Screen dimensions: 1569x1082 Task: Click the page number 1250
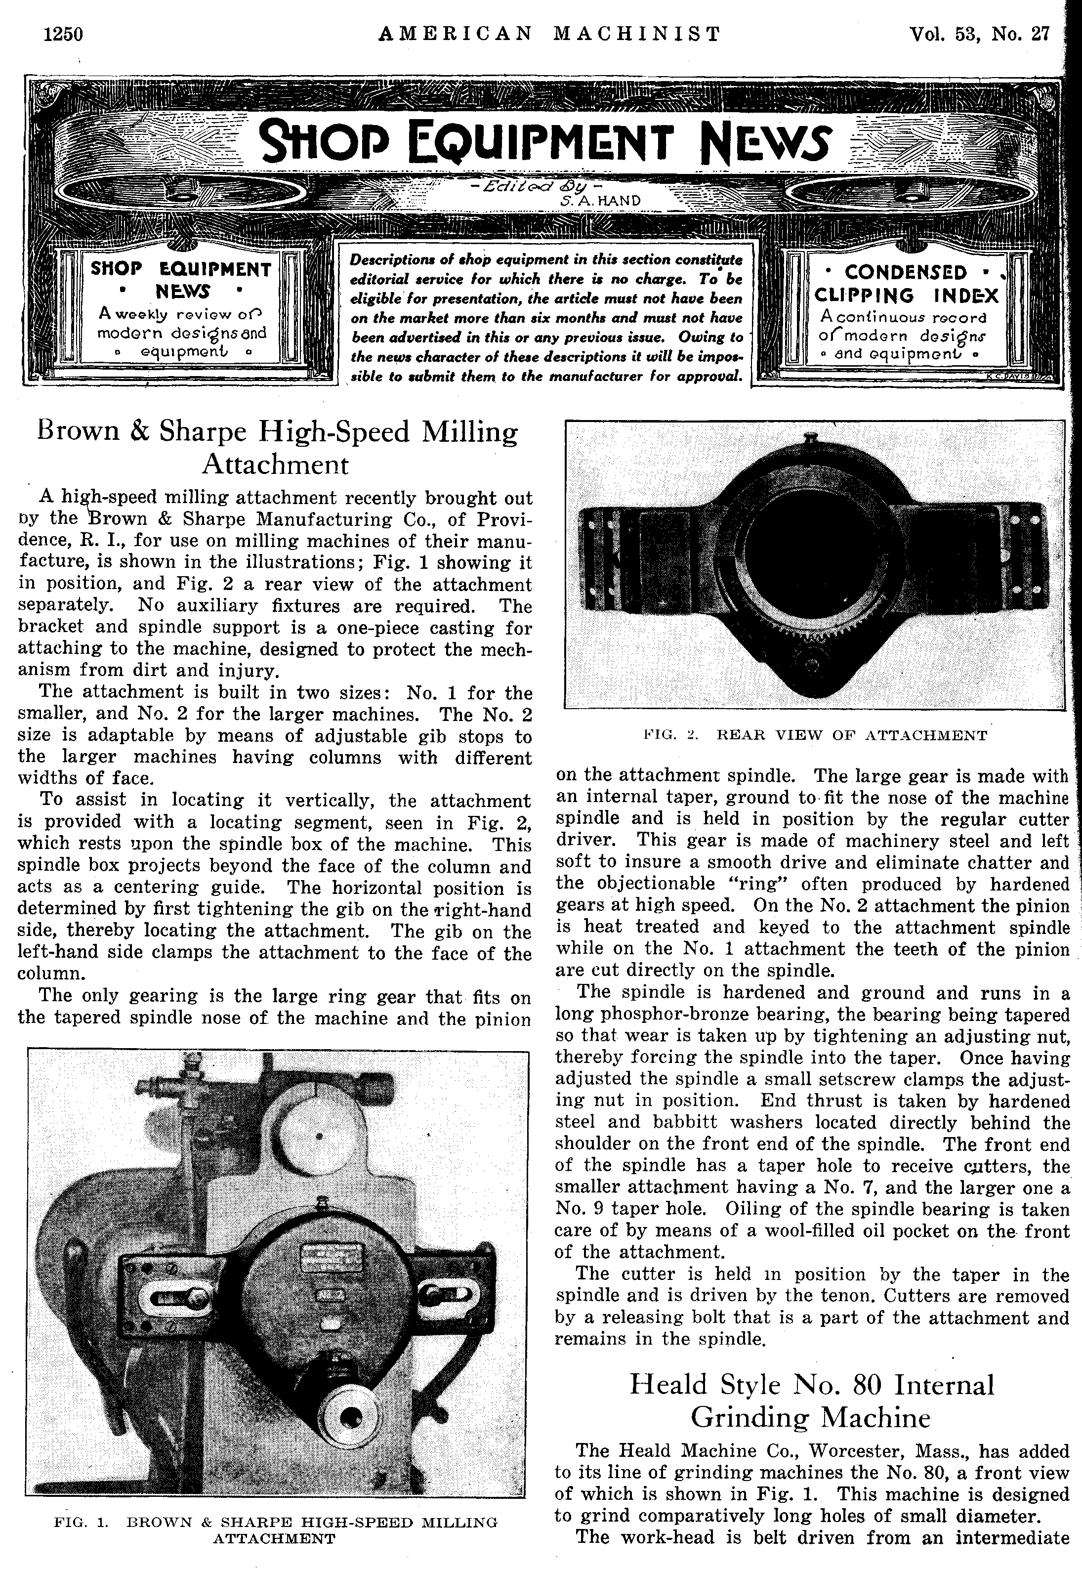coord(62,34)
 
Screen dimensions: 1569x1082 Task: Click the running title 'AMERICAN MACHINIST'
coord(550,34)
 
